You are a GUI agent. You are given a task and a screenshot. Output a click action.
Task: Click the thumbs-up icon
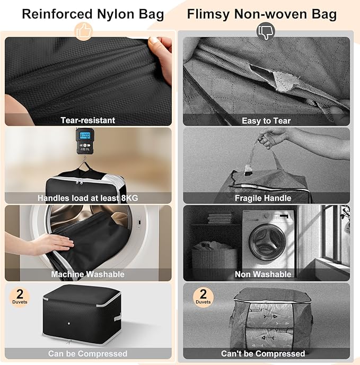tap(84, 31)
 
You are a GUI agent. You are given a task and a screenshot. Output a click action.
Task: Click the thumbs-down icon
tap(265, 32)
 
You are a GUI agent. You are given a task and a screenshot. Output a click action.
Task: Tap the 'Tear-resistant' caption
tap(88, 120)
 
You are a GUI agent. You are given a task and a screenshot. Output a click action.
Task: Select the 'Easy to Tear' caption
tap(266, 120)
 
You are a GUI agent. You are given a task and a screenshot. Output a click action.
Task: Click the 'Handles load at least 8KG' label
tap(88, 198)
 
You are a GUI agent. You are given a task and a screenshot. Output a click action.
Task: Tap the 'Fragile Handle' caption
tap(263, 198)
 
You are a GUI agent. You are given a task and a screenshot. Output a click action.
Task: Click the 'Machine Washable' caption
tap(88, 274)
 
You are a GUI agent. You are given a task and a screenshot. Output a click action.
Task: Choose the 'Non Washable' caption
tap(263, 274)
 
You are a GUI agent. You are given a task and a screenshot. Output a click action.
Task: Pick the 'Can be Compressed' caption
tap(88, 353)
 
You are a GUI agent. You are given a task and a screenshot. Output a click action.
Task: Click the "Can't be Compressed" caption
tap(263, 353)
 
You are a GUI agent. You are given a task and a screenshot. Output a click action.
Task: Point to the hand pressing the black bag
tap(50, 244)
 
